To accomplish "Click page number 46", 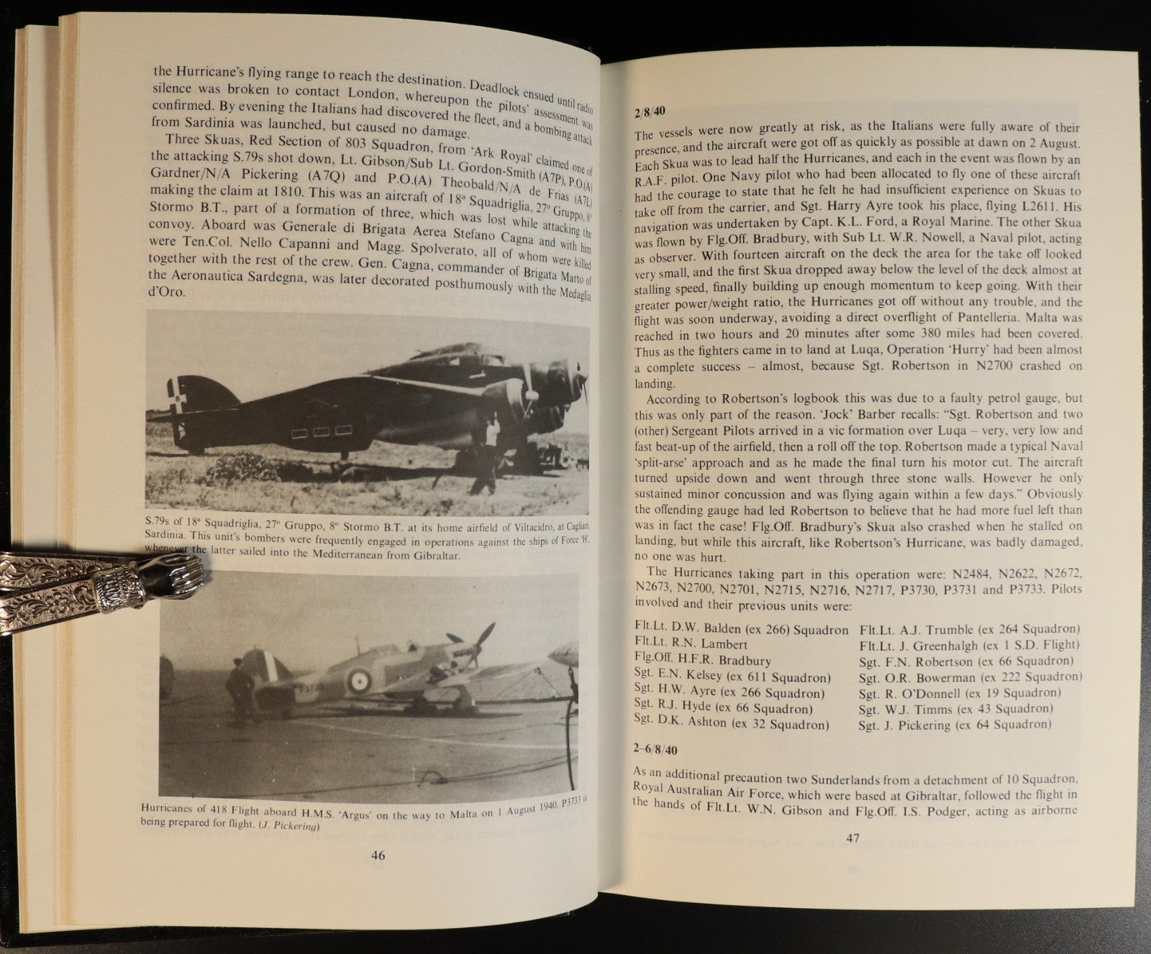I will pos(378,856).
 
